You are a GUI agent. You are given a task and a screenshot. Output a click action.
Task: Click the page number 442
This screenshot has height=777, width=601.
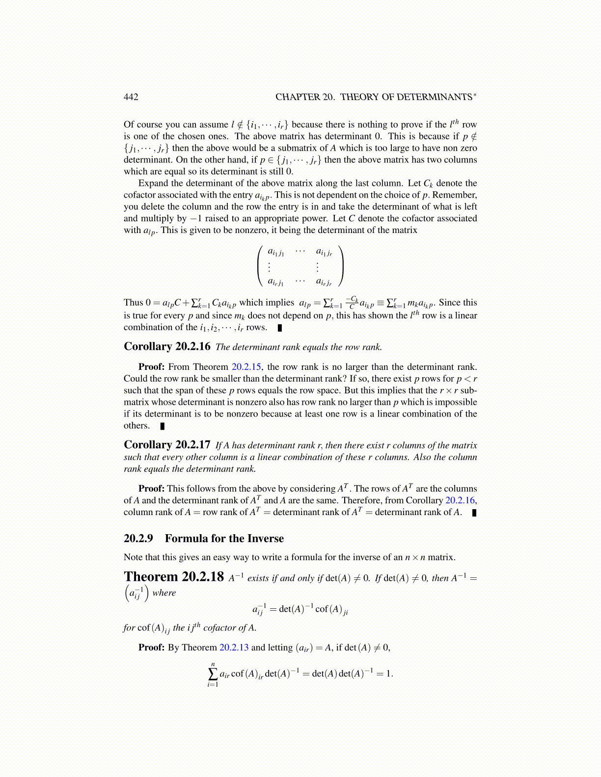coord(131,97)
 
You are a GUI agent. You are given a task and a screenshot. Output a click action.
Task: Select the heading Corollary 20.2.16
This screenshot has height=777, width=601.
coord(167,347)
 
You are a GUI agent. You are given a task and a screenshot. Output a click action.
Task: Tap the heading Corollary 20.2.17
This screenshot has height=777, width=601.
coord(167,445)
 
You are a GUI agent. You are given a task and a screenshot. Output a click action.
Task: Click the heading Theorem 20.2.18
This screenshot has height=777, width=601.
coord(174,577)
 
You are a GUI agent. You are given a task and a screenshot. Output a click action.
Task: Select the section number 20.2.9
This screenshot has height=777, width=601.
coord(138,538)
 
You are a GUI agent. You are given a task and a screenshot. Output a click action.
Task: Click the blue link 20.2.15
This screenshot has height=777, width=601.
coord(247,367)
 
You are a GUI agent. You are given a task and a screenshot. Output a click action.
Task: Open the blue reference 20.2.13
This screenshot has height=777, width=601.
coord(234,647)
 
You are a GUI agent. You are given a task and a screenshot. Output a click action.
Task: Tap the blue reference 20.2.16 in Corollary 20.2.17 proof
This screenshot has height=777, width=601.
coord(460,500)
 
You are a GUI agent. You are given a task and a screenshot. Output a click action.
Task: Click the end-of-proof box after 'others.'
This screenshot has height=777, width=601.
coord(163,426)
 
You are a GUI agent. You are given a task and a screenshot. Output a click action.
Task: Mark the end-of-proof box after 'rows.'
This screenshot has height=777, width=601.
coord(280,328)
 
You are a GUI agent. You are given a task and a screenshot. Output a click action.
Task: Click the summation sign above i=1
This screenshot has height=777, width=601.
coord(213,673)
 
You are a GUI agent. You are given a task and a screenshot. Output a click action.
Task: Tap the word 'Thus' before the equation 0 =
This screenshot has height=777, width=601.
coord(133,303)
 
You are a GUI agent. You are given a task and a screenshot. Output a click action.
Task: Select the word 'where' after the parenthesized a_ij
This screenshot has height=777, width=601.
coord(164,593)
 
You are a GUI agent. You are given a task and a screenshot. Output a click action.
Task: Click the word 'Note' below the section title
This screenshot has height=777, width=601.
coord(133,557)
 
